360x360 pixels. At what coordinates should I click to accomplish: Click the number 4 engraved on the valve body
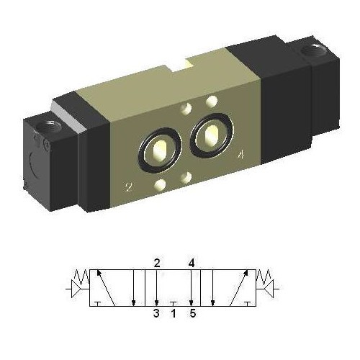tap(239, 153)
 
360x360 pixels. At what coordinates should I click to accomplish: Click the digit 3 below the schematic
tap(156, 313)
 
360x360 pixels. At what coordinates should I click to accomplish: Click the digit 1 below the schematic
tap(174, 313)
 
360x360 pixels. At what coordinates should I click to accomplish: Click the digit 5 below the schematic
tap(192, 313)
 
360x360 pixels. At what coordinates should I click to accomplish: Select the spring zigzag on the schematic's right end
tap(266, 276)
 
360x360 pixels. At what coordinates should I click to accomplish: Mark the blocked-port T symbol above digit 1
tap(174, 303)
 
